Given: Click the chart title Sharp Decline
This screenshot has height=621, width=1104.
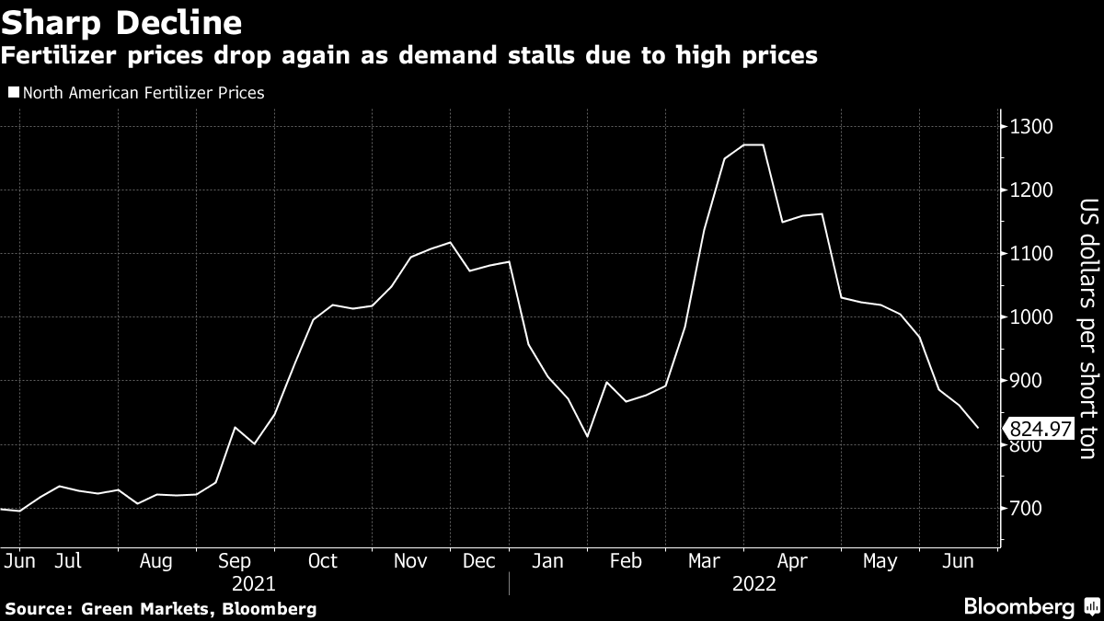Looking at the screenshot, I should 122,22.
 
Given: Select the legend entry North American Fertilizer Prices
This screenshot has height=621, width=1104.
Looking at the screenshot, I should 142,92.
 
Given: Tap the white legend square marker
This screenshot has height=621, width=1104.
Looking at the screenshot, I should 12,93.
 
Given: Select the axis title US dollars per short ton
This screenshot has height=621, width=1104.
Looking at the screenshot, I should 1087,328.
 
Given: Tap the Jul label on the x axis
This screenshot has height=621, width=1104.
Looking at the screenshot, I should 72,561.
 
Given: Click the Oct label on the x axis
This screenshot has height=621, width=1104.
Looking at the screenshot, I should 323,561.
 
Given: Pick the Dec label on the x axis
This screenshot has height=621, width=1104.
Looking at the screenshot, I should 479,561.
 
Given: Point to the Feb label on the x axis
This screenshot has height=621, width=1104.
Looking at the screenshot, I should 626,561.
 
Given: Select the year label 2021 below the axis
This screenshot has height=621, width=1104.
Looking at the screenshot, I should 255,584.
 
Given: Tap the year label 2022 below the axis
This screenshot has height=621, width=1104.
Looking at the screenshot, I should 753,584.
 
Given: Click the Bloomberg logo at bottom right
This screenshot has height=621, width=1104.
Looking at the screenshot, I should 1030,606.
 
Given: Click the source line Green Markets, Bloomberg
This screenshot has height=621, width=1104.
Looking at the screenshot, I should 161,608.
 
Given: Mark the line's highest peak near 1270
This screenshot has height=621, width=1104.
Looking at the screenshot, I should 753,145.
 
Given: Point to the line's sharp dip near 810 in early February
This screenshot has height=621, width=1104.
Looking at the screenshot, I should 587,436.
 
